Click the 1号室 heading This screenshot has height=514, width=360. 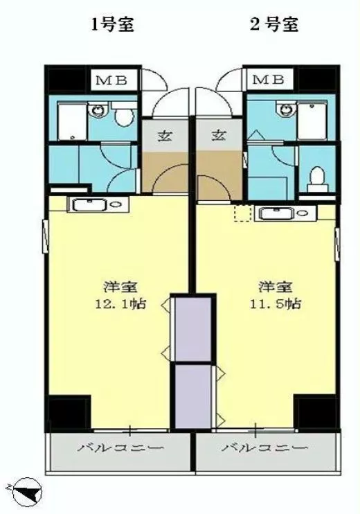pyautogui.click(x=113, y=24)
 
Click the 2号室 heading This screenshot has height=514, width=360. pyautogui.click(x=274, y=24)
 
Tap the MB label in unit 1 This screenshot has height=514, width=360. pyautogui.click(x=111, y=80)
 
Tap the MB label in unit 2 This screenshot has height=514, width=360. pyautogui.click(x=269, y=80)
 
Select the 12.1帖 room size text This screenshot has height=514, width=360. pyautogui.click(x=120, y=304)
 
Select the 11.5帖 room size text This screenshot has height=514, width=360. pyautogui.click(x=276, y=304)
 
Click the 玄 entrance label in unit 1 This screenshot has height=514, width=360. pyautogui.click(x=165, y=135)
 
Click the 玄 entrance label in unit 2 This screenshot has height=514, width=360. pyautogui.click(x=219, y=134)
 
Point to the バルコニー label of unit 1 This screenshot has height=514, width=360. pyautogui.click(x=120, y=447)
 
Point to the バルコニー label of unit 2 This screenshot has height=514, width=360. pyautogui.click(x=265, y=447)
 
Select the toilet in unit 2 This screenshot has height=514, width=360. pyautogui.click(x=317, y=179)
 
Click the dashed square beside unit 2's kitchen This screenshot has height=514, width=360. pyautogui.click(x=243, y=213)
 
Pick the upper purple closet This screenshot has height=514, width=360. pyautogui.click(x=193, y=329)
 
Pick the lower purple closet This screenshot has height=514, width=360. pyautogui.click(x=193, y=396)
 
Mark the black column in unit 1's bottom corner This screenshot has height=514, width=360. pyautogui.click(x=68, y=413)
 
